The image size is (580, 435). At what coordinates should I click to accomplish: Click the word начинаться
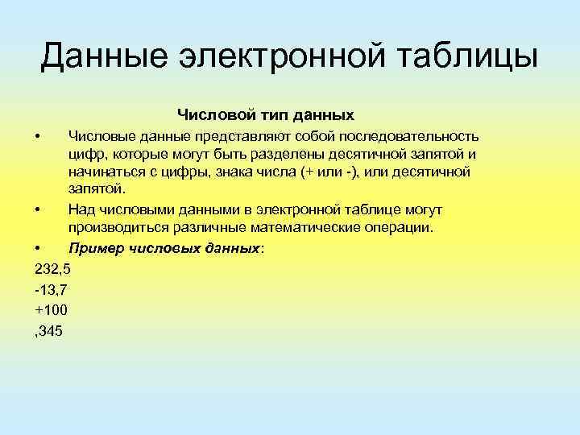109,172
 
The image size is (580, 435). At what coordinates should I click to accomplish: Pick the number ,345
49,329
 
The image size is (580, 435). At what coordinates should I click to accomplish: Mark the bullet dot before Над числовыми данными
38,210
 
